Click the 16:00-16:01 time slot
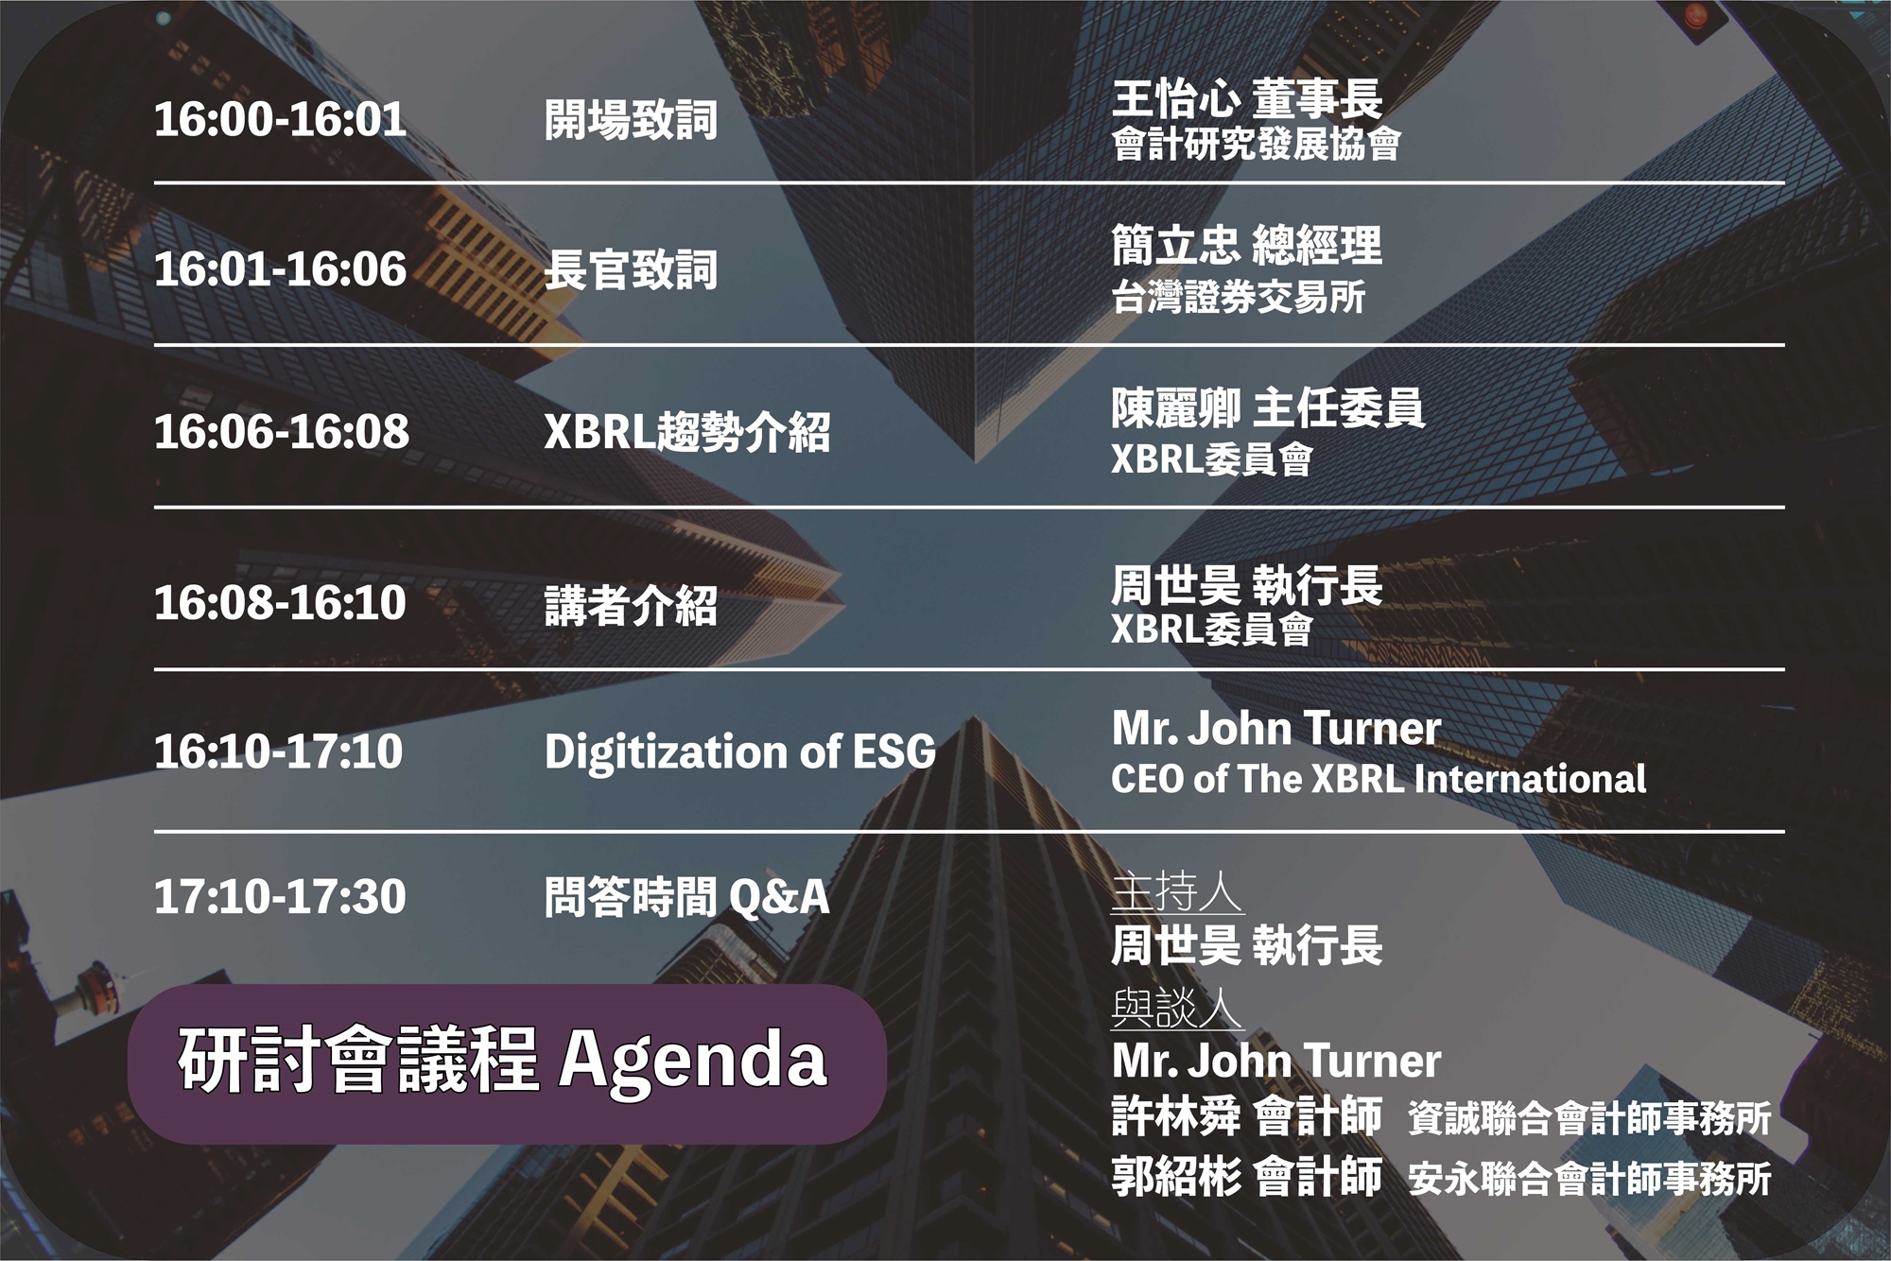280,120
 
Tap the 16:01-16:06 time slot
280,269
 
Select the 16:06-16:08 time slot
282,432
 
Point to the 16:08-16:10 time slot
280,603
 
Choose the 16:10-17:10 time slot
279,751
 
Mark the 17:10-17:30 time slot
280,897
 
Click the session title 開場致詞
632,120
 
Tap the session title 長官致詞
632,269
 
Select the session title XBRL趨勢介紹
687,432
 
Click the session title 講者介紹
632,605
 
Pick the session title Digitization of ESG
740,752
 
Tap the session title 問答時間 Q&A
687,897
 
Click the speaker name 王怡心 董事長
1247,99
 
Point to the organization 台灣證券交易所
1239,297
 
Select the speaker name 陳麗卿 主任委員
1268,408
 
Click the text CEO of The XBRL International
1379,779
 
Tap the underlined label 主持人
1177,893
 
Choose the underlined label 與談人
1177,1009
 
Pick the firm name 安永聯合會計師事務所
1589,1179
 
